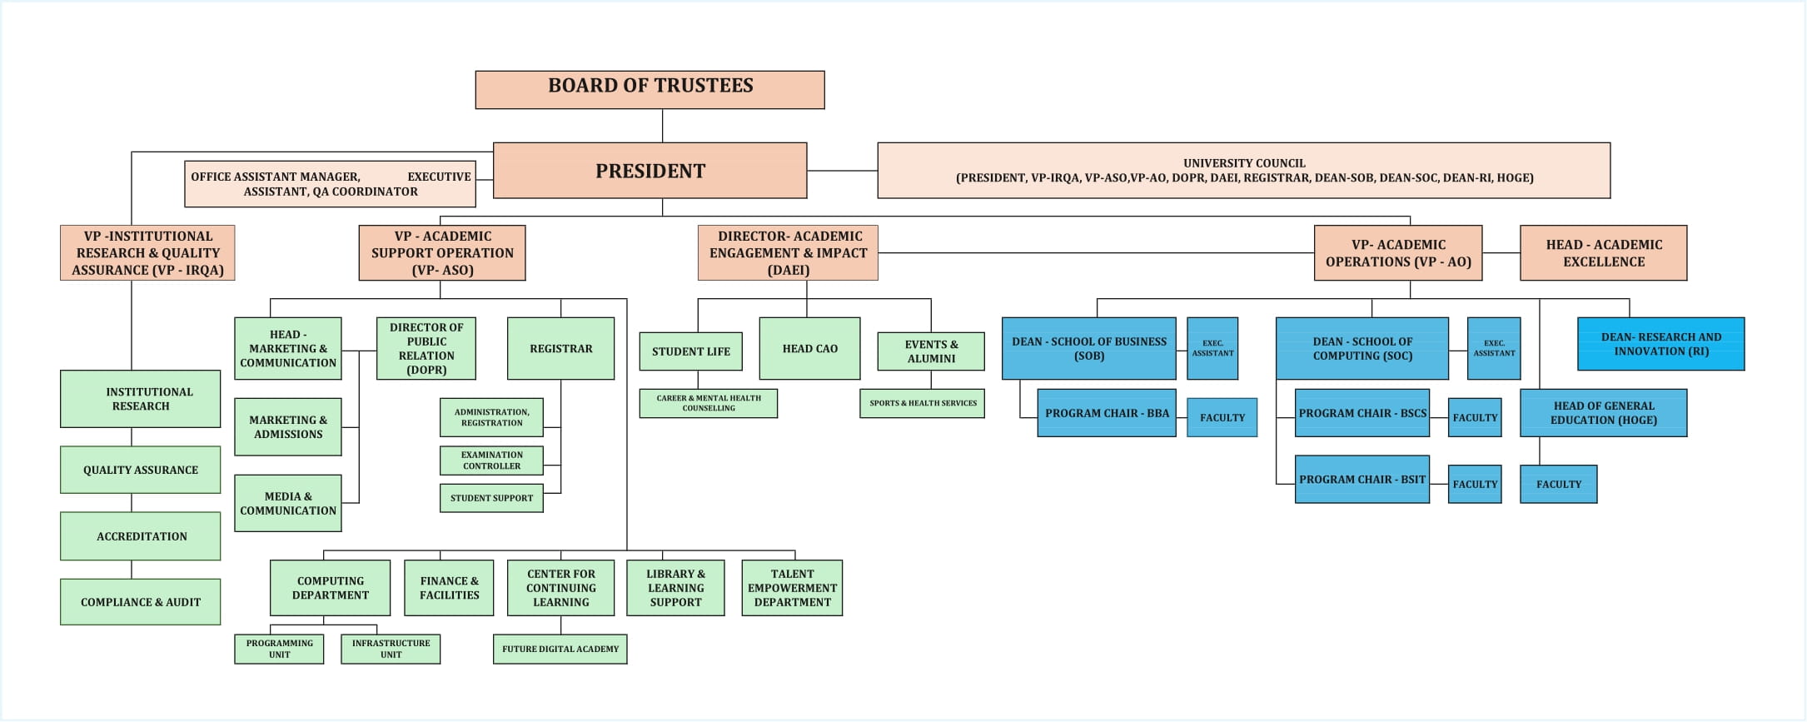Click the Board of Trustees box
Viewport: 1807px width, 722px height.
[x=650, y=89]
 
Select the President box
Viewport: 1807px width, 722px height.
[x=650, y=171]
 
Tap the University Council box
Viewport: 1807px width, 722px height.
[x=1243, y=171]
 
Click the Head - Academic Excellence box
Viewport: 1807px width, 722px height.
[x=1603, y=253]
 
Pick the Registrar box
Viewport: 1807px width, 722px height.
[x=560, y=349]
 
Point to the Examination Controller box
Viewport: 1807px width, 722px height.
[x=491, y=461]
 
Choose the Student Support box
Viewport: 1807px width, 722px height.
[x=491, y=498]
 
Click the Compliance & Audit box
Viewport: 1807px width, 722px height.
[x=140, y=602]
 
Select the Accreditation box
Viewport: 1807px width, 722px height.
[x=140, y=536]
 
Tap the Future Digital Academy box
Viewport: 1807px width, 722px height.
[x=560, y=649]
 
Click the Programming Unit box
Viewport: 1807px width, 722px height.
[x=279, y=649]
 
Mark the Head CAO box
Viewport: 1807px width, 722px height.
[x=809, y=349]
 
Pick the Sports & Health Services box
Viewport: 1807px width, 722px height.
[x=922, y=403]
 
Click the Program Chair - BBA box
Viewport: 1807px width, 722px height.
[x=1106, y=413]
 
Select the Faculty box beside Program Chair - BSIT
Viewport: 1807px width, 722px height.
[x=1474, y=484]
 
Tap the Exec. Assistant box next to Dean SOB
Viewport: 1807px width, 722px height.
[x=1212, y=348]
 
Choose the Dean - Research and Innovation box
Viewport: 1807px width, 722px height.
[x=1660, y=344]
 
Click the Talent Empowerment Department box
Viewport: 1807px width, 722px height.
[x=792, y=588]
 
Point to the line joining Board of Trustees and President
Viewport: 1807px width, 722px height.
[x=662, y=126]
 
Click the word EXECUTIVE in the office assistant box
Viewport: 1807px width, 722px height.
[x=439, y=177]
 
